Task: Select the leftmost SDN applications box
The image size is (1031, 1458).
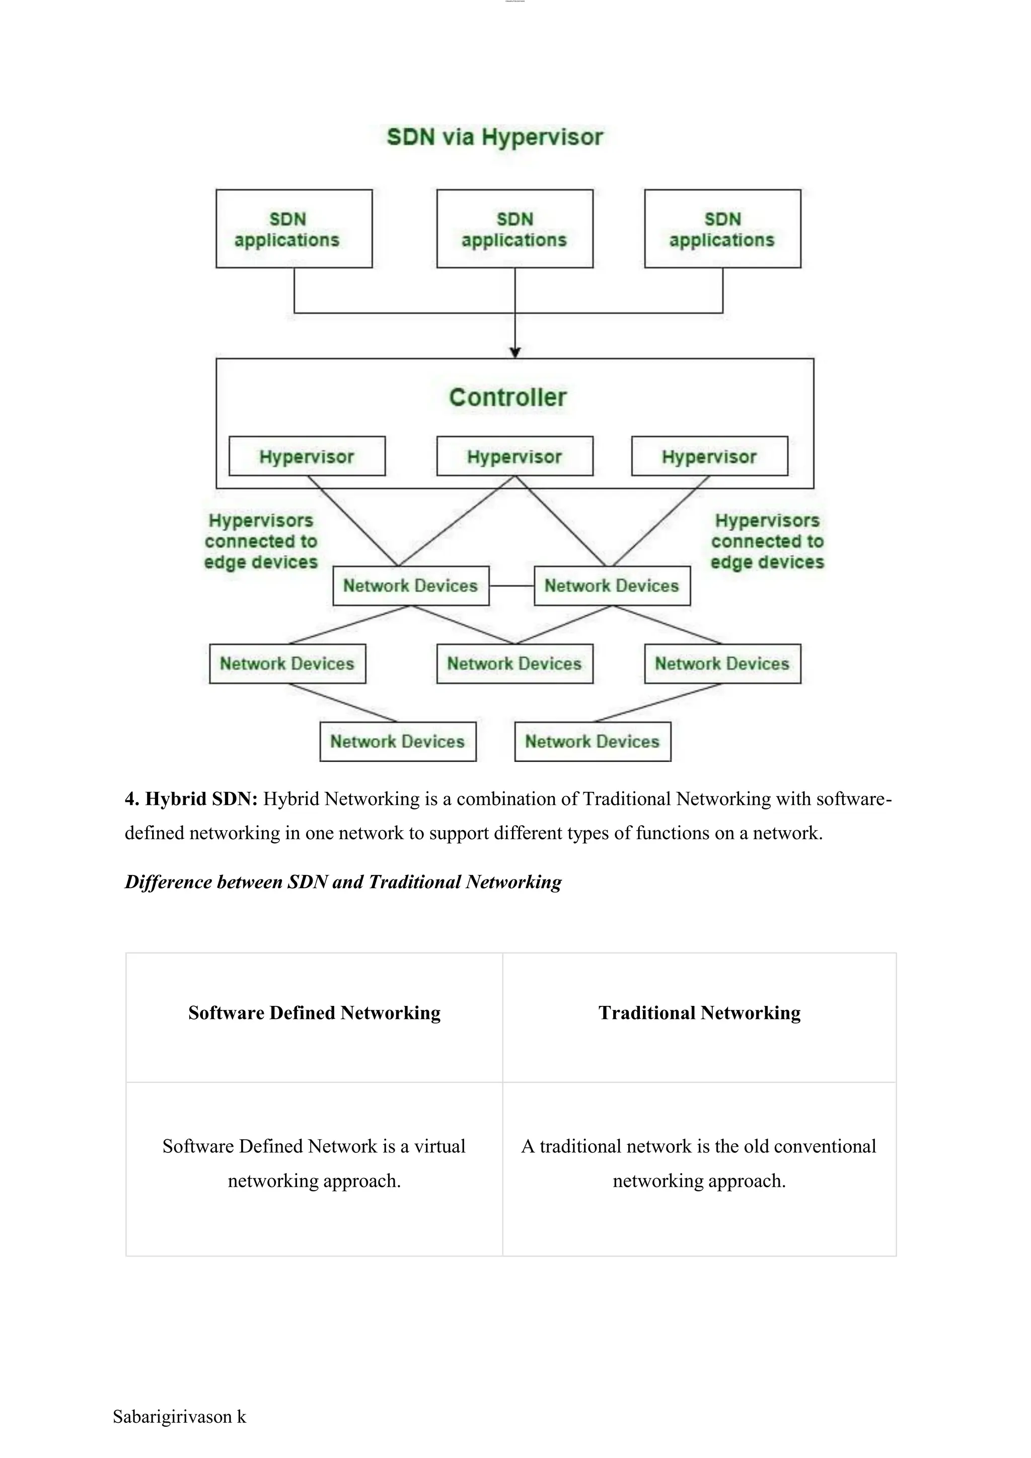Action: [x=294, y=229]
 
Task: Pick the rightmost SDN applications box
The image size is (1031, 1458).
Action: [x=722, y=229]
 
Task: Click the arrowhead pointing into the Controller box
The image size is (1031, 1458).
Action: [x=515, y=352]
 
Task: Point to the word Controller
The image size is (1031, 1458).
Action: [x=507, y=398]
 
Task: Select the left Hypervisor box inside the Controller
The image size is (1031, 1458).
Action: [x=307, y=457]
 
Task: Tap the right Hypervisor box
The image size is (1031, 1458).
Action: [x=709, y=457]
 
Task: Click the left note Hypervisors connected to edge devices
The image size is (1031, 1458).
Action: [x=260, y=542]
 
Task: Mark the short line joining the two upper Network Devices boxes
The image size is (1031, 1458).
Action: [x=511, y=586]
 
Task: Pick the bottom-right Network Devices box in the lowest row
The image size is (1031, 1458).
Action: [x=593, y=741]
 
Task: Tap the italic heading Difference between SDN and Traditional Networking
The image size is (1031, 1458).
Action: [x=343, y=882]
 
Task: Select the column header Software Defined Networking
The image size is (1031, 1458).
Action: [x=314, y=1013]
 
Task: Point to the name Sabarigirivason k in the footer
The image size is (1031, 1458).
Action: [x=179, y=1417]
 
